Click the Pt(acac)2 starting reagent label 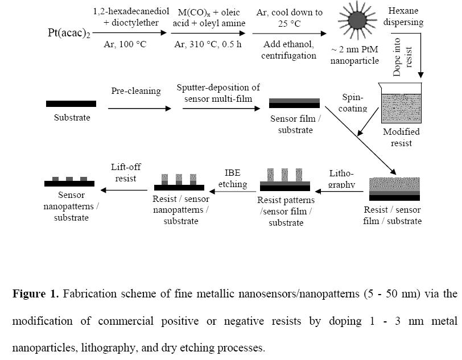(x=69, y=33)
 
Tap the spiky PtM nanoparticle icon (x=357, y=20)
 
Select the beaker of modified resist (x=401, y=103)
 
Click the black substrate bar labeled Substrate (x=71, y=104)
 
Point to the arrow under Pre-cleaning (x=139, y=109)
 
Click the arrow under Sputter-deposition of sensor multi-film (x=221, y=109)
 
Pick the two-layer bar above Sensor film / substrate (x=294, y=104)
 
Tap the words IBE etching (x=233, y=179)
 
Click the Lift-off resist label (x=126, y=173)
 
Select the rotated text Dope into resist (x=402, y=57)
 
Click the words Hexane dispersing (x=403, y=16)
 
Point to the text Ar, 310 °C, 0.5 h (x=208, y=44)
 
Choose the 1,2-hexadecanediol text (x=131, y=11)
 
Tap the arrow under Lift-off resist (x=124, y=191)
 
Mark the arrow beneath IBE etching (x=233, y=192)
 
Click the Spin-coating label (x=353, y=103)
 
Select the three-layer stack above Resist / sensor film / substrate (x=394, y=189)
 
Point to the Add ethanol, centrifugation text (x=289, y=50)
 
